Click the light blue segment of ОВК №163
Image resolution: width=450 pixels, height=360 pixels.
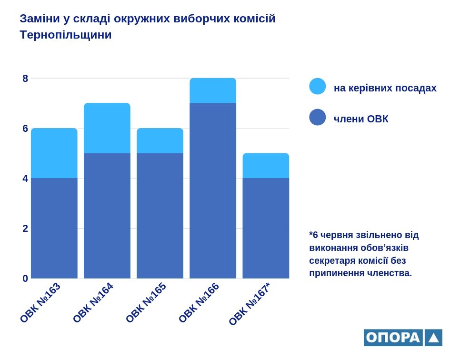point(54,153)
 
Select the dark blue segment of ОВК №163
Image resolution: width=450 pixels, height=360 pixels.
point(54,228)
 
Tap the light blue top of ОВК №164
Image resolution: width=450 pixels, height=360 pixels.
point(107,128)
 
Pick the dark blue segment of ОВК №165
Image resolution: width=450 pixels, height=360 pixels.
point(160,215)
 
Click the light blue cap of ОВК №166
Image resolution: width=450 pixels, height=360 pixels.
point(213,90)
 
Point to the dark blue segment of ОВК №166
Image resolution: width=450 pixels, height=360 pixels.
point(213,190)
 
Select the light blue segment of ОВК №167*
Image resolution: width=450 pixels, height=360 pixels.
point(266,165)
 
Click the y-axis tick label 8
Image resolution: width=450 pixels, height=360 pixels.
point(25,79)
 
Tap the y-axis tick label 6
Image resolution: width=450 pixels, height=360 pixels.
point(25,129)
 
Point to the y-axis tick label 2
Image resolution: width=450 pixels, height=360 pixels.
point(25,229)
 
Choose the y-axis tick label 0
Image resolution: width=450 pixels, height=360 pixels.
point(25,278)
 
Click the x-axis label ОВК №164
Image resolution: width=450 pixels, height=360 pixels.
point(93,302)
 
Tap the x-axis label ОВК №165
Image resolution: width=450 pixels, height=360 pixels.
point(146,302)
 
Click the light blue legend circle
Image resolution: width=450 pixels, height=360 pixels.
point(318,86)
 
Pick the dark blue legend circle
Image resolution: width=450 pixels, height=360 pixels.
point(318,117)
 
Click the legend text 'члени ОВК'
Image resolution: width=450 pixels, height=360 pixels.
point(361,119)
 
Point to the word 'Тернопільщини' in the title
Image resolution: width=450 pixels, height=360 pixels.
point(66,35)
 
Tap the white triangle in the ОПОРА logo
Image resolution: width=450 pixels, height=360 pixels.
point(433,338)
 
